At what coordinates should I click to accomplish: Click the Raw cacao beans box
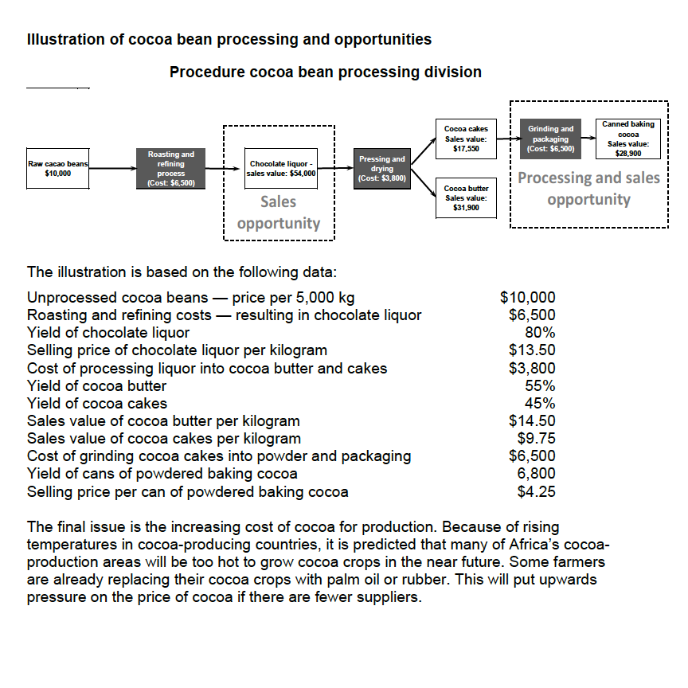pyautogui.click(x=58, y=168)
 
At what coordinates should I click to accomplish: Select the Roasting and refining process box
pyautogui.click(x=171, y=168)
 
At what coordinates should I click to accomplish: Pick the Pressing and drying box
pyautogui.click(x=382, y=169)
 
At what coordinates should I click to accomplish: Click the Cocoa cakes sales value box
pyautogui.click(x=466, y=138)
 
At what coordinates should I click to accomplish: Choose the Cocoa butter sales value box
pyautogui.click(x=466, y=198)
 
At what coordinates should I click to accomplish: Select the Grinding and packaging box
pyautogui.click(x=550, y=138)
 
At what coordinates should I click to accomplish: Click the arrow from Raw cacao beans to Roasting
pyautogui.click(x=113, y=169)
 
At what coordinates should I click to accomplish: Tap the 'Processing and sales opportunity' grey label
pyautogui.click(x=589, y=189)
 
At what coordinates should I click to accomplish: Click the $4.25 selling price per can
pyautogui.click(x=536, y=491)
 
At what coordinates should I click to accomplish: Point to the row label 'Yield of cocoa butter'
pyautogui.click(x=96, y=385)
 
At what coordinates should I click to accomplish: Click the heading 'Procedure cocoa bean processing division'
pyautogui.click(x=325, y=72)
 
